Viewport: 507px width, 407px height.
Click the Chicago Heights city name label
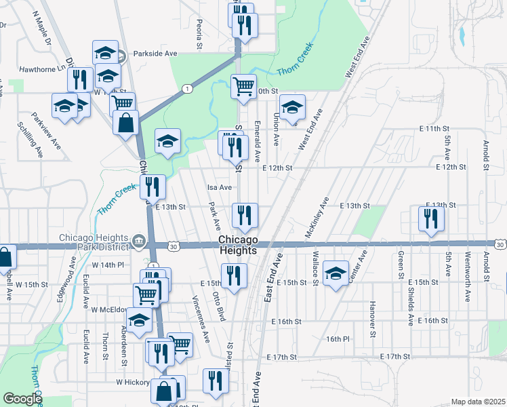(x=239, y=245)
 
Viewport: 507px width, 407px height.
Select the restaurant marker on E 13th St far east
(x=431, y=218)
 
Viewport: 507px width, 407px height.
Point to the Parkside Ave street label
(x=155, y=54)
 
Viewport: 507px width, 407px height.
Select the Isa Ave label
(x=219, y=187)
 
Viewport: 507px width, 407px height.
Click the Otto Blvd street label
(x=220, y=305)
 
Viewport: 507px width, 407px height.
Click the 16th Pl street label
(x=337, y=338)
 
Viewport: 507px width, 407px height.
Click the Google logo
(x=22, y=399)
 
